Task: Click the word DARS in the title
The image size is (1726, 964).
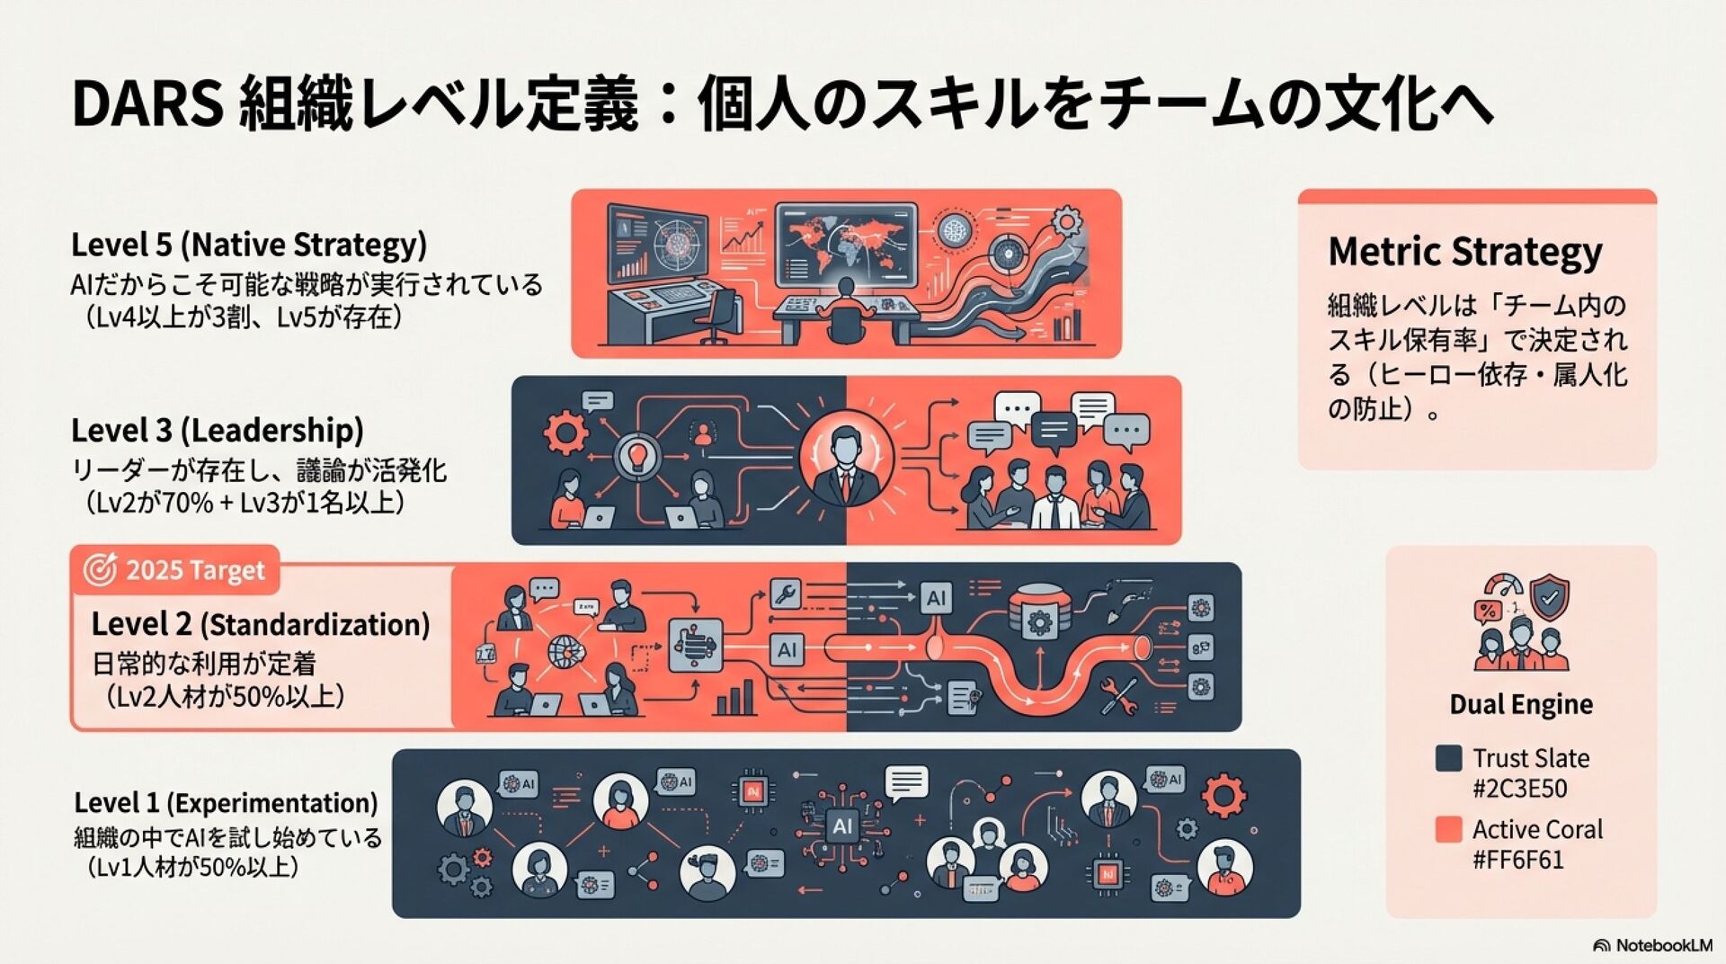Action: [147, 105]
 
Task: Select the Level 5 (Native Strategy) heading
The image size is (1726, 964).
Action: [249, 245]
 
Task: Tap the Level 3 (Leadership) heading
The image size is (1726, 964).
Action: [218, 430]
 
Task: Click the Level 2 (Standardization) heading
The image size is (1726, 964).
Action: [261, 624]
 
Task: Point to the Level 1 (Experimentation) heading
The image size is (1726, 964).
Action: [226, 802]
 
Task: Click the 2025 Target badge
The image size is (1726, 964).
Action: [175, 570]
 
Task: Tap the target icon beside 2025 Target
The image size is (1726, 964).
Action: [100, 570]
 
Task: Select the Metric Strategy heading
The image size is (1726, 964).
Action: [1464, 251]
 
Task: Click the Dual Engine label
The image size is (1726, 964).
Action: [1521, 704]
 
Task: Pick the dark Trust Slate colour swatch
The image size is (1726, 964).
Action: [1448, 758]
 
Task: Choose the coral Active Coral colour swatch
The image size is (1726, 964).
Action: [1448, 829]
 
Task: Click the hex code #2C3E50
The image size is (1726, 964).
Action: [1519, 789]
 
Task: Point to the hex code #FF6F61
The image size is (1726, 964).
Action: [1517, 860]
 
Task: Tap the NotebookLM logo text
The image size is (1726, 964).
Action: [1663, 945]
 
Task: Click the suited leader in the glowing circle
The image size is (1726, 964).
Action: [846, 456]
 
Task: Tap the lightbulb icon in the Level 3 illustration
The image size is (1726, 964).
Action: [638, 454]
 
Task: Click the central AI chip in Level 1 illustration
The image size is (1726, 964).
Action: [842, 826]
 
